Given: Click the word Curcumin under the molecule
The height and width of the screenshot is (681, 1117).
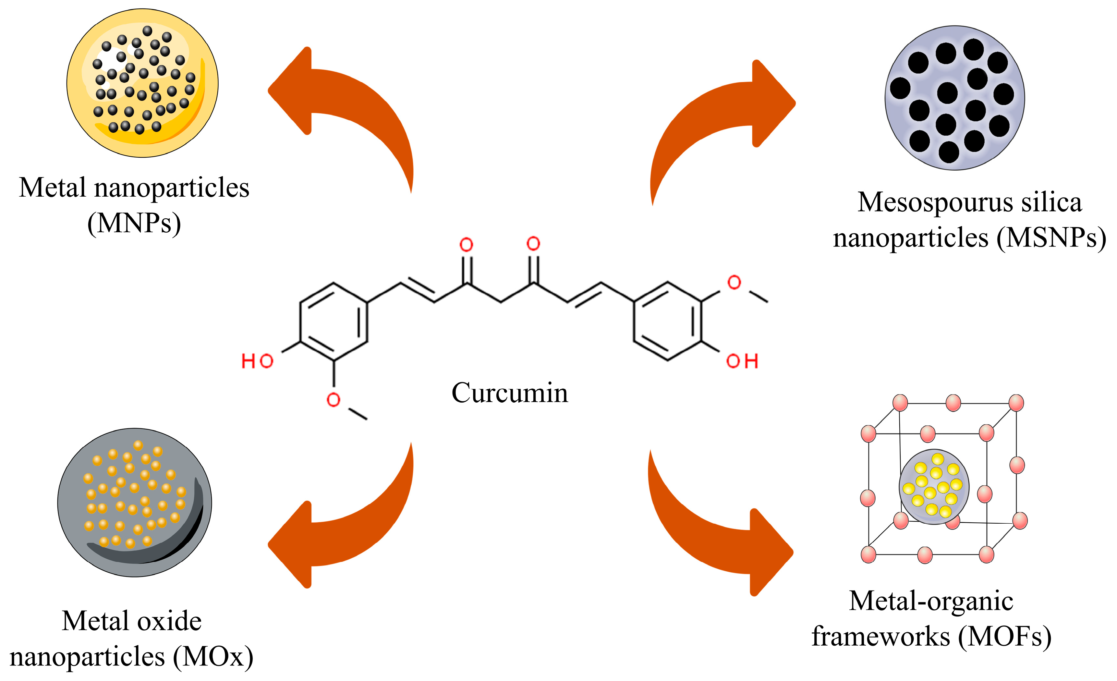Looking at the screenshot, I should pos(510,393).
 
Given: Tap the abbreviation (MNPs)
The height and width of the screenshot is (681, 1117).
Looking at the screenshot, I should pos(134,223).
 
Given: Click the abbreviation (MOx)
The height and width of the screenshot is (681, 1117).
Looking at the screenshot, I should pos(213,657).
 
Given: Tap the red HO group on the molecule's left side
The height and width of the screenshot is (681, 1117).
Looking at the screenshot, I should pos(257,362).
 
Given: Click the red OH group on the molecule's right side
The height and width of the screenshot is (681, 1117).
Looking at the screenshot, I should pos(742,361).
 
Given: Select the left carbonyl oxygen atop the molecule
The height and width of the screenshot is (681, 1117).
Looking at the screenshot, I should pos(466,245).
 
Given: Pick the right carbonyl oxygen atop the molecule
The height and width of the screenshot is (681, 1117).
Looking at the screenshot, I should pos(533,244).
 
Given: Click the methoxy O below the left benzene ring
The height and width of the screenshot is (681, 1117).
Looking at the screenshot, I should pos(333,400).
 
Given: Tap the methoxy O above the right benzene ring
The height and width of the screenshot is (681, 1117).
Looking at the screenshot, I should pos(734,283).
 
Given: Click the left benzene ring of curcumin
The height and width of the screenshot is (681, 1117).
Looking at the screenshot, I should pos(334,322).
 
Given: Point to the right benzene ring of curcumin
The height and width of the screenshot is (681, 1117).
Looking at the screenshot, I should pos(668,321).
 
